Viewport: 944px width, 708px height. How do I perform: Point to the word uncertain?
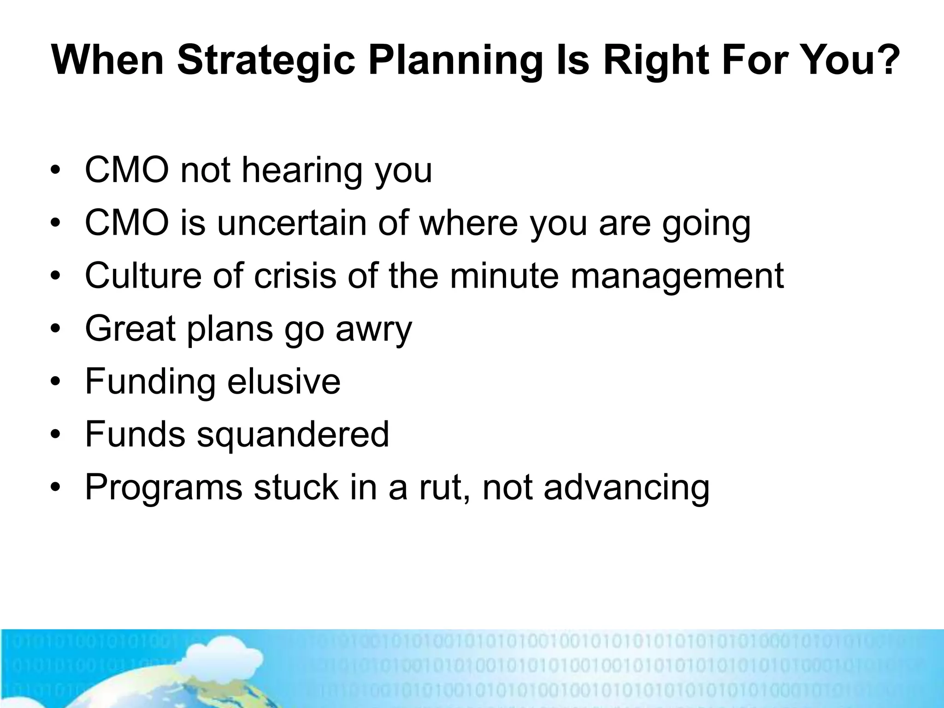[x=292, y=223]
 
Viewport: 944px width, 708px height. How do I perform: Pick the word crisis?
[x=295, y=276]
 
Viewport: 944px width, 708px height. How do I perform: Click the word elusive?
[x=283, y=382]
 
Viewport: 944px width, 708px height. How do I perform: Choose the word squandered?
[x=293, y=435]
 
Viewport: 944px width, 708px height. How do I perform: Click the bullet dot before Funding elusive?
[x=56, y=383]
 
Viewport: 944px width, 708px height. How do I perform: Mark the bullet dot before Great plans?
[x=56, y=330]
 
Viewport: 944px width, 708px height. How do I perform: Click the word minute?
[x=504, y=276]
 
